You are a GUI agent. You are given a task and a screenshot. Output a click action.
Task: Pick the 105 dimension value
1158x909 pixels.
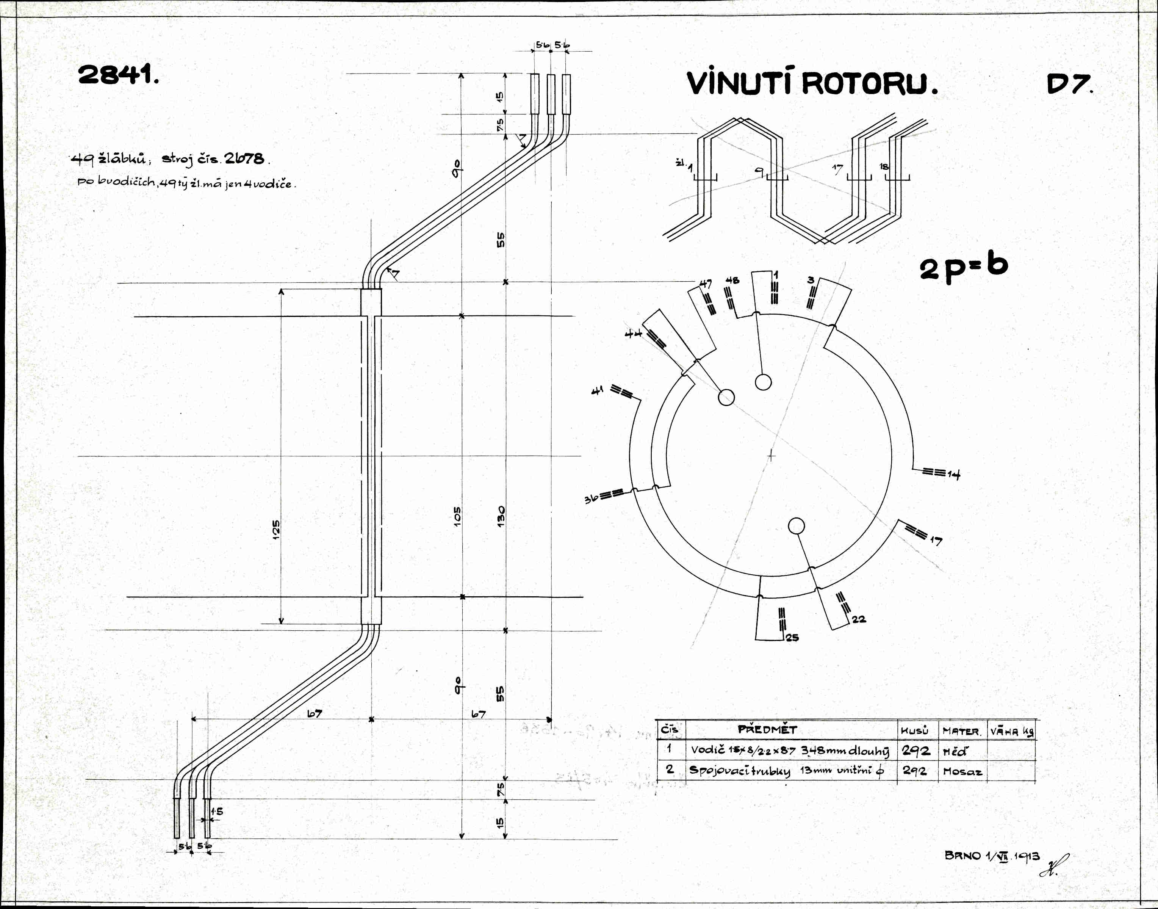pyautogui.click(x=457, y=517)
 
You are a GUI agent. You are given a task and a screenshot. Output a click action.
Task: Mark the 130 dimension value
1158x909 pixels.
pyautogui.click(x=501, y=517)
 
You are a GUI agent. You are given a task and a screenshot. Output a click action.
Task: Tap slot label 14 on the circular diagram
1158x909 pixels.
pyautogui.click(x=953, y=474)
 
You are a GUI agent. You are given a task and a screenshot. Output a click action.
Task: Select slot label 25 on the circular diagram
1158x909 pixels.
pyautogui.click(x=792, y=638)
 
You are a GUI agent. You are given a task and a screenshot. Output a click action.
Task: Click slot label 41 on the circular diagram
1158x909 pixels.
pyautogui.click(x=598, y=391)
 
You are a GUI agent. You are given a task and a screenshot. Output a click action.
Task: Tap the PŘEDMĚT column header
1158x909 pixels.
pyautogui.click(x=767, y=730)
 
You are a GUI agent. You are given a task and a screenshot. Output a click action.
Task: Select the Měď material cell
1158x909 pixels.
pyautogui.click(x=955, y=751)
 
